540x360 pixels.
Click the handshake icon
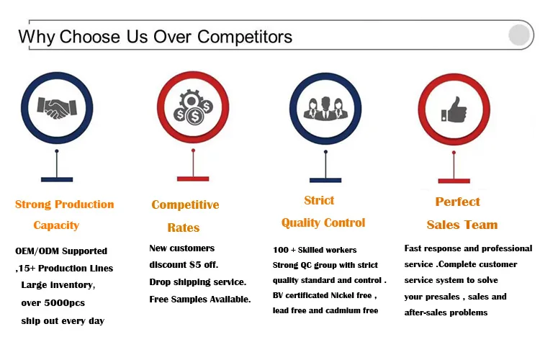57,108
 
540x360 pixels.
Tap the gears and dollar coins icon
193,107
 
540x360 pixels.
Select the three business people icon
325,109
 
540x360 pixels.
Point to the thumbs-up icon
454,109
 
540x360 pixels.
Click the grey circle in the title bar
519,35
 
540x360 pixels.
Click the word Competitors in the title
245,37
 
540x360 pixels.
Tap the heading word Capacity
56,225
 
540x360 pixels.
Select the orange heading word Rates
184,228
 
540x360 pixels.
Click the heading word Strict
319,200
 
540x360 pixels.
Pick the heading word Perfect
458,202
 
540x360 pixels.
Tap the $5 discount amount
195,264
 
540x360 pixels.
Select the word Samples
189,299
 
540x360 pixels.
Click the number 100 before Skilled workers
281,250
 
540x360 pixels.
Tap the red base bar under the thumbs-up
454,181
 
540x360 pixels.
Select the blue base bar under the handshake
57,179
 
